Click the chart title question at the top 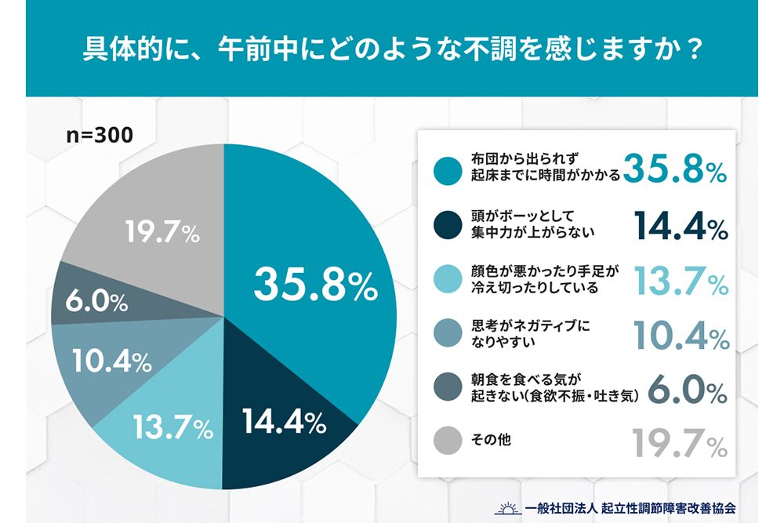(391, 49)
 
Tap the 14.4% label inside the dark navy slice (283, 423)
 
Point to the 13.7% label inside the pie (172, 427)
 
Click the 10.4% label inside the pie (111, 361)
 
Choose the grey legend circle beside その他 (448, 441)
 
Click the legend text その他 (492, 441)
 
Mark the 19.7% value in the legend (680, 444)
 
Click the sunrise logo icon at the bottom (506, 507)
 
